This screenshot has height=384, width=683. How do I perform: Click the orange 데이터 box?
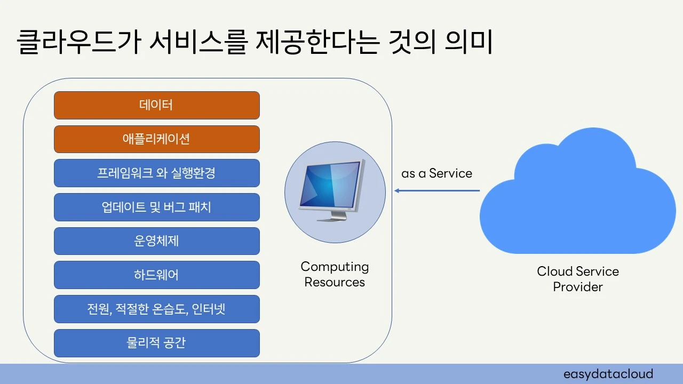(x=157, y=105)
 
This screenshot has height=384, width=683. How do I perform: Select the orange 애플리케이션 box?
(x=157, y=139)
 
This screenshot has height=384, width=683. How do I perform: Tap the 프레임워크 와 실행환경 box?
(x=157, y=173)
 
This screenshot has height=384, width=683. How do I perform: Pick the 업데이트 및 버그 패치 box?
(x=157, y=207)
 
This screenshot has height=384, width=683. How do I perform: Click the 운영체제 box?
(x=157, y=241)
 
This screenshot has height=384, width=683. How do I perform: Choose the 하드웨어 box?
(x=157, y=275)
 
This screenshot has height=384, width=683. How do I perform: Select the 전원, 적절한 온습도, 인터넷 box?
(x=157, y=309)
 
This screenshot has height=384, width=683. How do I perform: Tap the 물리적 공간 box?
(x=157, y=343)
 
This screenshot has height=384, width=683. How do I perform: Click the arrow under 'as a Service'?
(x=437, y=191)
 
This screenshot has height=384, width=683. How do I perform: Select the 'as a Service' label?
(x=436, y=173)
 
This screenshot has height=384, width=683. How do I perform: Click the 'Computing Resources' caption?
(x=335, y=274)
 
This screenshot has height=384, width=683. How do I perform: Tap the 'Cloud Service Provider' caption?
(x=578, y=279)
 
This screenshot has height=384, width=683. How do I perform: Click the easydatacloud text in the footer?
(x=608, y=374)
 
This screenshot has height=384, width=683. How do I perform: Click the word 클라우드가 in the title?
(x=79, y=42)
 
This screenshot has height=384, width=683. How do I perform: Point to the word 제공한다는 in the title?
(x=317, y=42)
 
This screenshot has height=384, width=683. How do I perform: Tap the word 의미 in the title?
(x=468, y=42)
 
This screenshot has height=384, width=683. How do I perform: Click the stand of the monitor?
(x=332, y=216)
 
